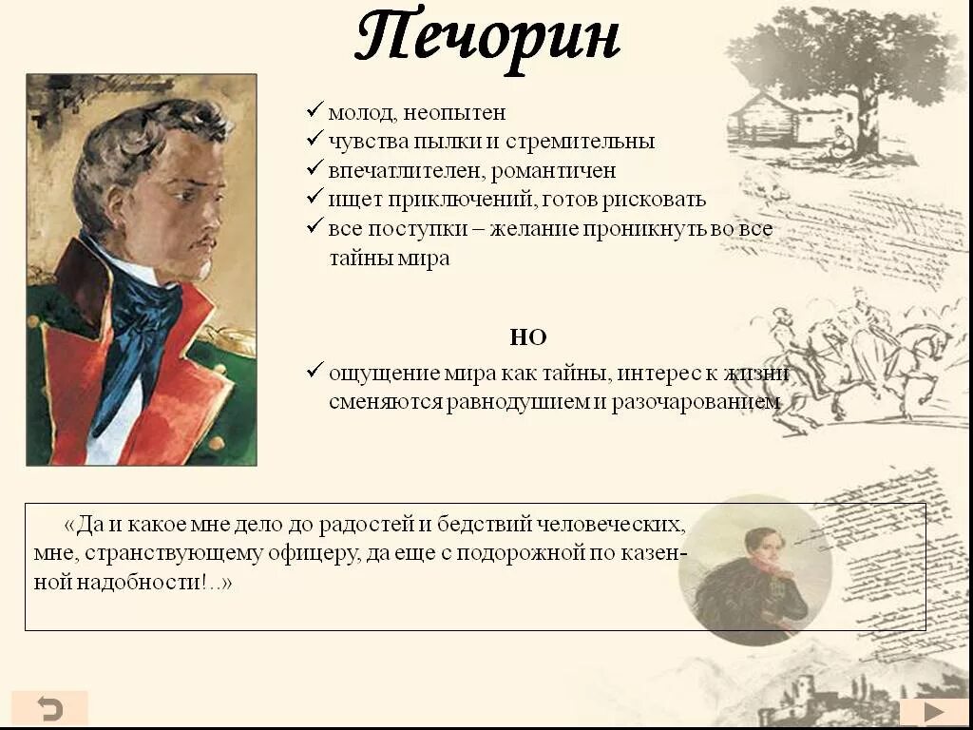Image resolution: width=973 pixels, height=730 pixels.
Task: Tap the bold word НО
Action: click(528, 337)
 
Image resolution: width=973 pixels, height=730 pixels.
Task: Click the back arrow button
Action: click(49, 708)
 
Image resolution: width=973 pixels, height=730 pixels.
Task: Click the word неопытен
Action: click(454, 113)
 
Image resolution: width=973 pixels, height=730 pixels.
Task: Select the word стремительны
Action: click(580, 142)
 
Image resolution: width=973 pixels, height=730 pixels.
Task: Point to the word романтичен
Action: click(554, 171)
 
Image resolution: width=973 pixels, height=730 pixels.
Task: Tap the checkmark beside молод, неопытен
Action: click(315, 110)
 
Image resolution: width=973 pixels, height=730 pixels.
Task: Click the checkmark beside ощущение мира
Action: click(315, 370)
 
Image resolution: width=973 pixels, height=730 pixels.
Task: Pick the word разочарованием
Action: click(696, 402)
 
